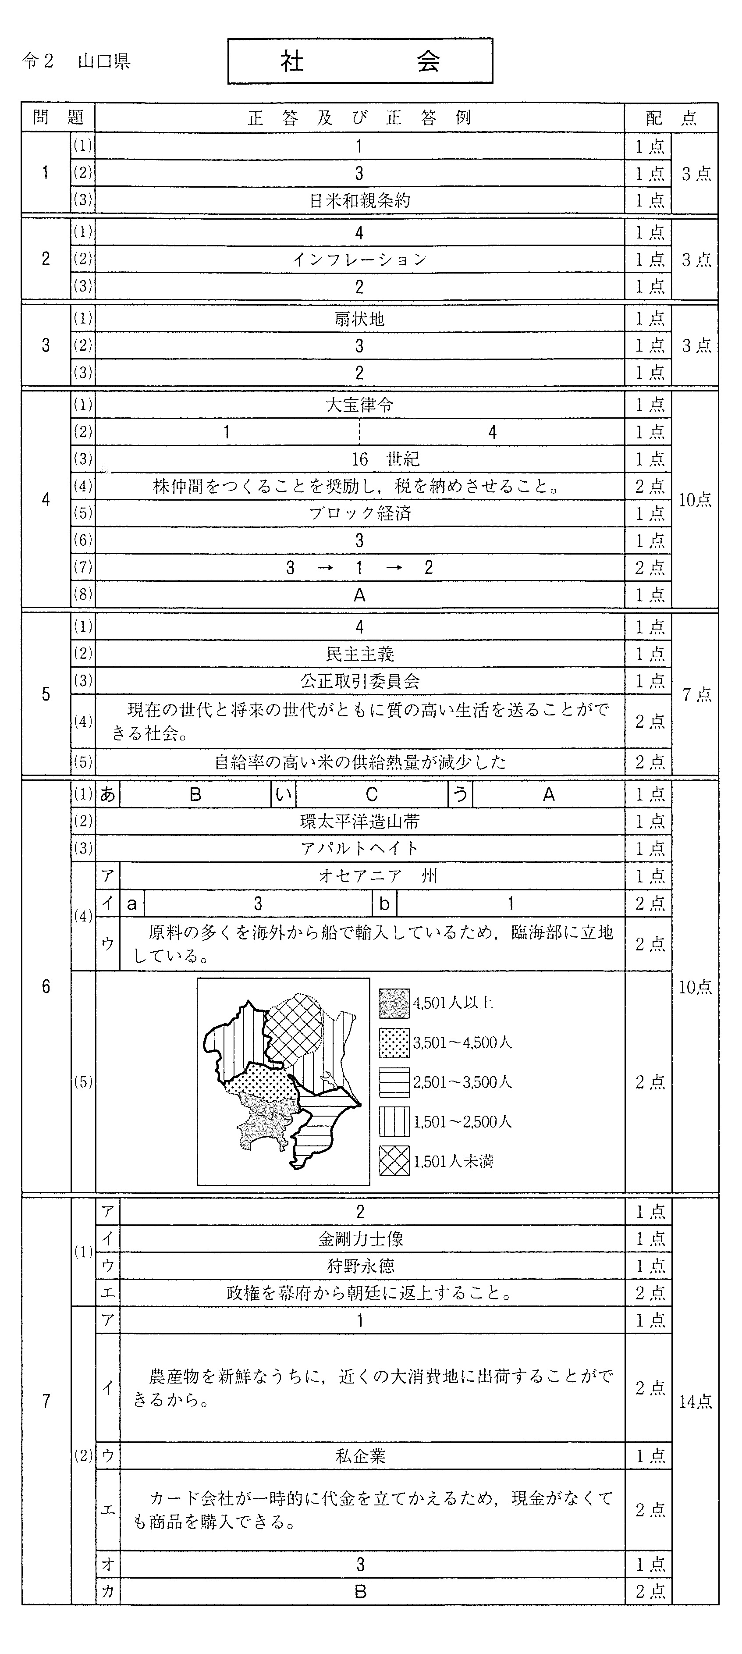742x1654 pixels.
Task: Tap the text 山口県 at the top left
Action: (104, 62)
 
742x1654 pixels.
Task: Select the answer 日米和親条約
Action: (359, 201)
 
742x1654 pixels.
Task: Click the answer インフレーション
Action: (359, 260)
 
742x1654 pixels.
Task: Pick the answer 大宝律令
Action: (359, 405)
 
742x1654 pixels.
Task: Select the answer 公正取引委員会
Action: (359, 681)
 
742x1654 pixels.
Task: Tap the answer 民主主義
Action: (359, 654)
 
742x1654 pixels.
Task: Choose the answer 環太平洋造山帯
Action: (359, 821)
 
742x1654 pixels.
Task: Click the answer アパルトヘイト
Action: (359, 849)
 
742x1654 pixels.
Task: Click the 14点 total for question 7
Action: (695, 1401)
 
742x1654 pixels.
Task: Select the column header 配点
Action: (671, 117)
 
